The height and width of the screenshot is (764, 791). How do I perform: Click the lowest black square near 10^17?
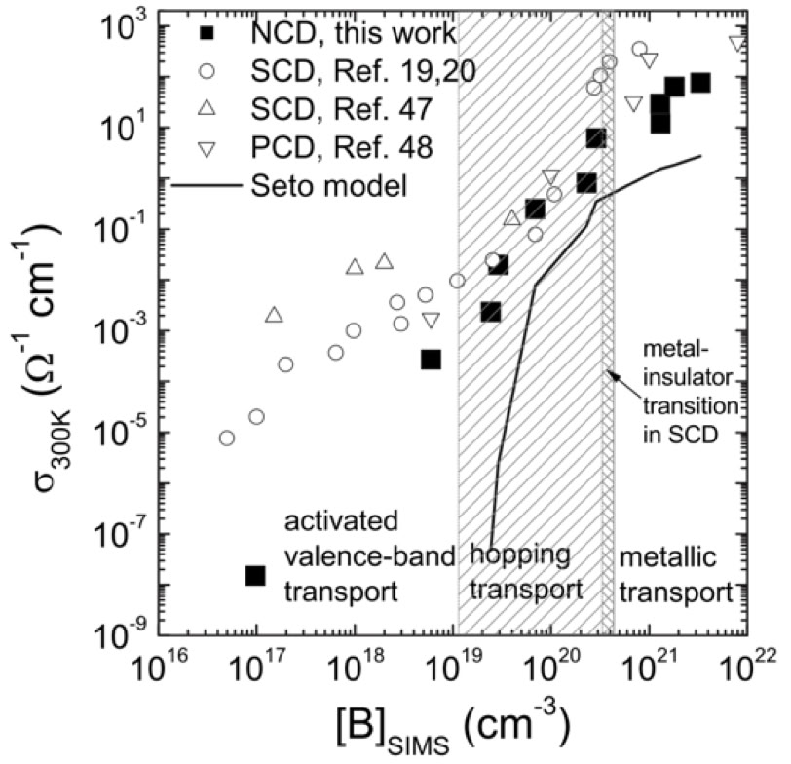tap(255, 576)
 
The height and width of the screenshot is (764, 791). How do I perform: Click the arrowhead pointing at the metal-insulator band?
tap(611, 373)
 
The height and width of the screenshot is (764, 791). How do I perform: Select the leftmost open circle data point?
tap(227, 438)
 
